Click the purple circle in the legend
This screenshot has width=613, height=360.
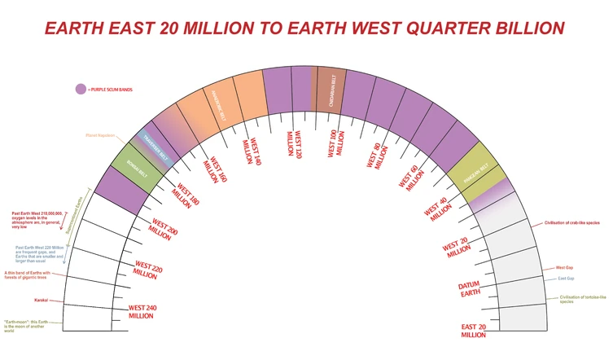tap(81, 90)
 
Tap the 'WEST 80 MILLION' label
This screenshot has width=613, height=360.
tap(374, 154)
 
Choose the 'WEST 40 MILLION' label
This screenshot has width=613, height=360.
tap(438, 208)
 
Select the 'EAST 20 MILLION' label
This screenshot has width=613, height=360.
tap(474, 330)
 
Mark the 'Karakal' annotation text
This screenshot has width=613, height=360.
tap(42, 301)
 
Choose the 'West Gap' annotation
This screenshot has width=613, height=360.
tap(564, 267)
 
